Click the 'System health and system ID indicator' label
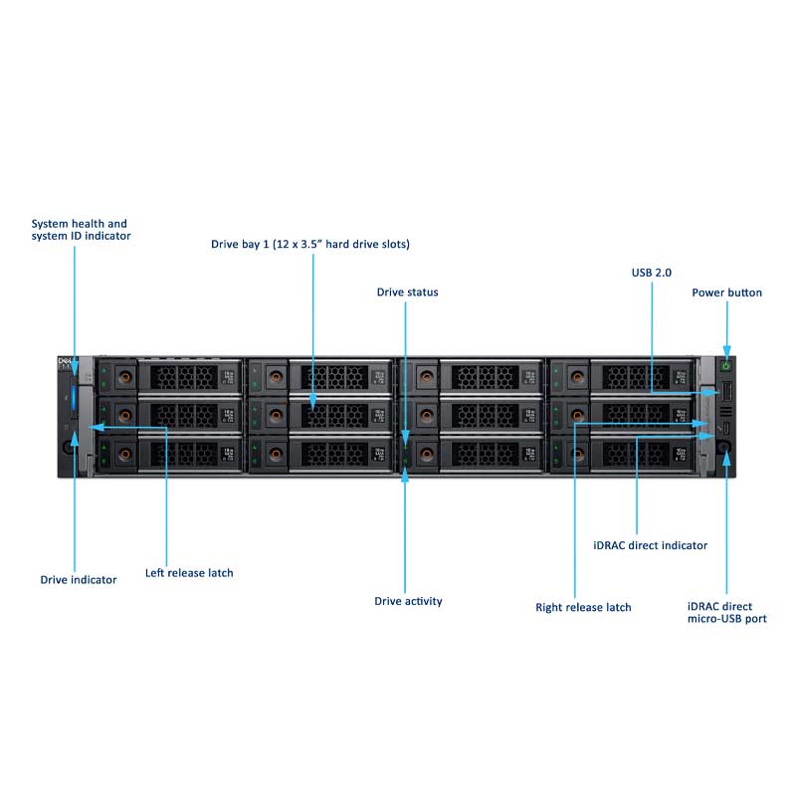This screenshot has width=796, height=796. pos(81,230)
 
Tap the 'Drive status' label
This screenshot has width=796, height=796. pos(407,293)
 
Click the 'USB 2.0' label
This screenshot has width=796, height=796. pos(652,272)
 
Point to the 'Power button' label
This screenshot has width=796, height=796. pos(726,293)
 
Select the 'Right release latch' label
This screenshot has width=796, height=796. pos(583,607)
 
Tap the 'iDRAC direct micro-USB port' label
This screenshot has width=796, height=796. pos(726,612)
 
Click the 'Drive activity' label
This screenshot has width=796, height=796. pos(408,601)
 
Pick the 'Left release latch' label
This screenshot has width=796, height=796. pos(189,573)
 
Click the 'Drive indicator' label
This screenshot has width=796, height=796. pos(78,579)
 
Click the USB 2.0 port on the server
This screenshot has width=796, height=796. pos(725,395)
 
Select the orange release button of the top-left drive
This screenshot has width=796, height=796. pos(124,376)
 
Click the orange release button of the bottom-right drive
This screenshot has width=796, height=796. pos(577,455)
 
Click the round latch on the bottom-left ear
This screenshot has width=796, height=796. pos(69,447)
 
